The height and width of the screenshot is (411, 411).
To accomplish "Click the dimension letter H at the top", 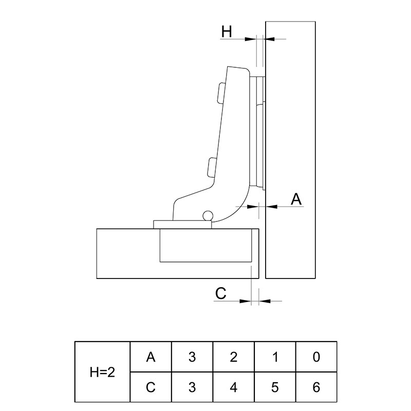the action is point(227,32).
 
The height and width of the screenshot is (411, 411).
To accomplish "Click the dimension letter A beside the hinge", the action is point(296,199).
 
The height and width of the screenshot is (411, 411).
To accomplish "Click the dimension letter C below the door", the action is point(220,293).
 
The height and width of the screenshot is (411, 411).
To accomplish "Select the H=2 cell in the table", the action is point(102,372).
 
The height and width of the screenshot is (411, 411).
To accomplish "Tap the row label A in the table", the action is point(151,357).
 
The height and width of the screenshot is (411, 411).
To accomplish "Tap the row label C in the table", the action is point(151,387).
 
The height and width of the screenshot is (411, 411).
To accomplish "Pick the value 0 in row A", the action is point(316,357).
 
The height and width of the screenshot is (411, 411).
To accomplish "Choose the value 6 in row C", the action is point(316,387).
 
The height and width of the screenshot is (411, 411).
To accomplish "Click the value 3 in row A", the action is point(192,357).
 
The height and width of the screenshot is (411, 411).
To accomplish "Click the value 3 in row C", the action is point(192,387).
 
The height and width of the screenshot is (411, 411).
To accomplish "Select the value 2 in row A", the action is point(234,357).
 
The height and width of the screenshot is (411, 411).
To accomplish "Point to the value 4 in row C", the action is point(234,387).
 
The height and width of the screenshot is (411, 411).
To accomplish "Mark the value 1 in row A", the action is point(275,357).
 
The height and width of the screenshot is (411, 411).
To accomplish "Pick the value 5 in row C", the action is point(275,387).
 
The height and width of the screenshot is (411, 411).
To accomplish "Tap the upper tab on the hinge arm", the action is point(221,92).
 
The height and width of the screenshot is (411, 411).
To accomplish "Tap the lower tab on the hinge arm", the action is point(212,167).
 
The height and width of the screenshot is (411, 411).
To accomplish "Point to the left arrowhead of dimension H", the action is point(250,39).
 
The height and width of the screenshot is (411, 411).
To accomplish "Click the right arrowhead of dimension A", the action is point(271,207).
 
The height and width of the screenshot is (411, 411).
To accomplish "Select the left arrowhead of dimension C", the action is point(246,301).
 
